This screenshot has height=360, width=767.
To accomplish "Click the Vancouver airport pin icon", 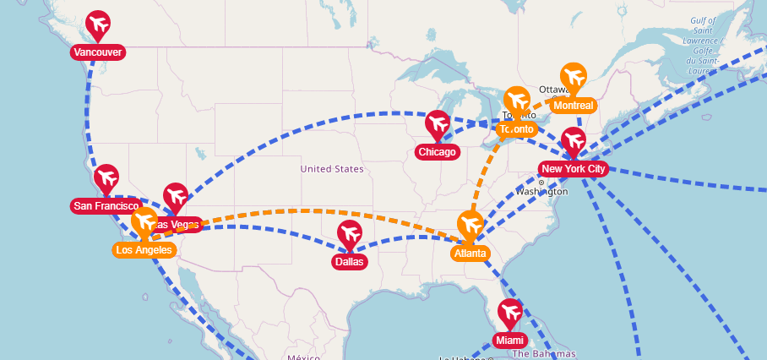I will point(98,25).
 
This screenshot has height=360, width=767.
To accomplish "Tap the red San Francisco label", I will point(106,206).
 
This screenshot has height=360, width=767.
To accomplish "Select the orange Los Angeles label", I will point(144,250).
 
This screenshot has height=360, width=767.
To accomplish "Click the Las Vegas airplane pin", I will point(175,197).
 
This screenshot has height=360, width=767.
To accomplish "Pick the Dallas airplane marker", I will point(349,234).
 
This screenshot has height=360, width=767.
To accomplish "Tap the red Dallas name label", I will point(349,262).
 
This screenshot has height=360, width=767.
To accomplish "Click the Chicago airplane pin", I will point(437,125).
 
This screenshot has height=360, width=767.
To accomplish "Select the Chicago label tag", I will point(437,153).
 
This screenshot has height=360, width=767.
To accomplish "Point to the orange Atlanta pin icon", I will point(470,226).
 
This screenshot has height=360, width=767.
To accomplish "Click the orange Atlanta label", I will point(470,254).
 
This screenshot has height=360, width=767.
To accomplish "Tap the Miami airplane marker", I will point(509,313).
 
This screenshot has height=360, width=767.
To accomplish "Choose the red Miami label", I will point(509,341).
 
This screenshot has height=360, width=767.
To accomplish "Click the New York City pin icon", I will point(574,141).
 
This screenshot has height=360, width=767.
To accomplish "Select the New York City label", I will point(574,169).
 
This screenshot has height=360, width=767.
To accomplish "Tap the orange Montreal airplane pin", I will point(574,78).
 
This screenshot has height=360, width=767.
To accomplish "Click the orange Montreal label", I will point(574,106).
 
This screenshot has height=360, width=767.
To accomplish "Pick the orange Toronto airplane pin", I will point(516,101).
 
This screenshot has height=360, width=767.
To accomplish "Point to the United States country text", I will point(332,169).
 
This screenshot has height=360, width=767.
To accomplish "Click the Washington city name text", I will point(541,192).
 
